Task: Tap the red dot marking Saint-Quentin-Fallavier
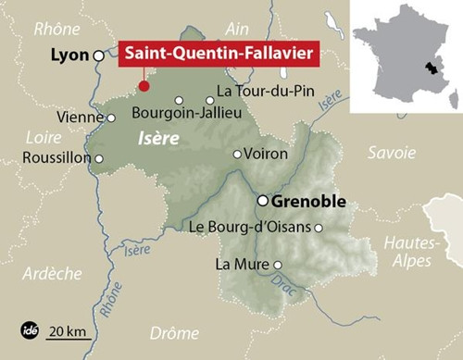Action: [144, 86]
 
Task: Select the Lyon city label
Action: [69, 56]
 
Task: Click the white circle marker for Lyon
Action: [99, 56]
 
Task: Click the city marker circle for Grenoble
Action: [263, 200]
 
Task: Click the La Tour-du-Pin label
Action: [260, 92]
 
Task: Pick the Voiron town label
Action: [267, 154]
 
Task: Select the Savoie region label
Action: [392, 152]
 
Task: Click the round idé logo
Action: [29, 329]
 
